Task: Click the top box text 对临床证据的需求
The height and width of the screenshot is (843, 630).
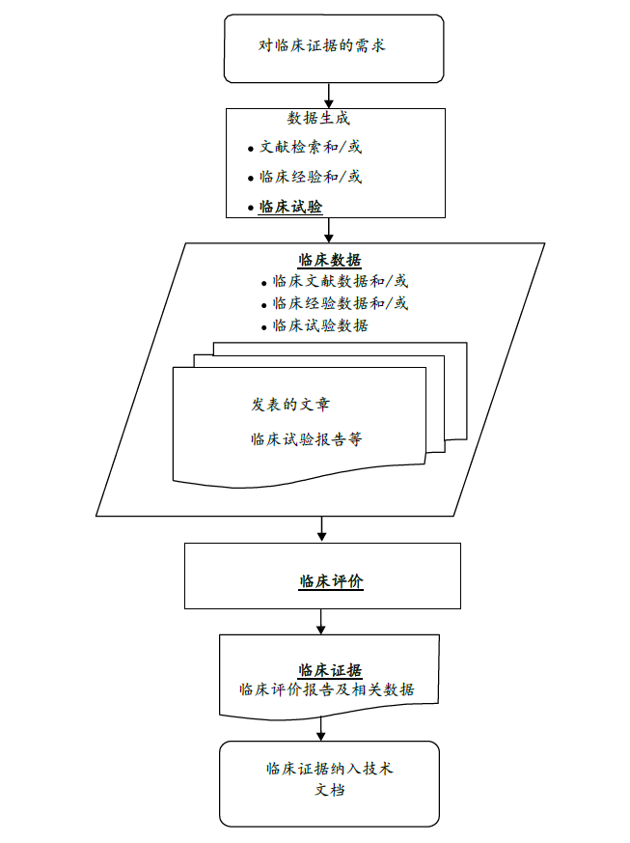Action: pos(322,45)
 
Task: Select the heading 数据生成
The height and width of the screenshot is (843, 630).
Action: pos(318,119)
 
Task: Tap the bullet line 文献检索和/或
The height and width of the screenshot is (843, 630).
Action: pos(311,148)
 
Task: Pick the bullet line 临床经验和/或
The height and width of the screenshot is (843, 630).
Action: pos(311,178)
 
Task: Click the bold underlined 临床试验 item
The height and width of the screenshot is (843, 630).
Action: pos(290,207)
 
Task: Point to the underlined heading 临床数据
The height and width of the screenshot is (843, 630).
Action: pos(330,260)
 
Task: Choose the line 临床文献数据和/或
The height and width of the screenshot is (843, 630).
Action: pos(340,282)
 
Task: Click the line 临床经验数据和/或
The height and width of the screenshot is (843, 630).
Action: pos(340,304)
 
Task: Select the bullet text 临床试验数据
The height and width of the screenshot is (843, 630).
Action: pos(319,325)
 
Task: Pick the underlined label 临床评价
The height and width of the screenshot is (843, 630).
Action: pos(331,581)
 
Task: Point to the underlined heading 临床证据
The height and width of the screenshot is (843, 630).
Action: pos(330,671)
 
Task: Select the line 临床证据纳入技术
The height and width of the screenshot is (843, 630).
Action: pos(330,770)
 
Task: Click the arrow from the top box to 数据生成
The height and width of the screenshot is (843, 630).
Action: pos(330,95)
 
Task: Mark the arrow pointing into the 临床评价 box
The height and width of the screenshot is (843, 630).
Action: pos(322,529)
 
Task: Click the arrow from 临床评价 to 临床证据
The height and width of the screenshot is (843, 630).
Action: pos(322,621)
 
